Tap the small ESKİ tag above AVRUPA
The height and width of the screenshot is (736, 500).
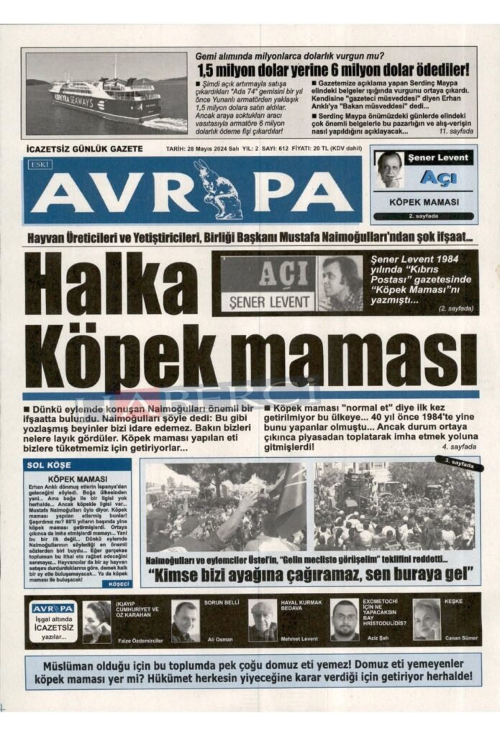click(37, 165)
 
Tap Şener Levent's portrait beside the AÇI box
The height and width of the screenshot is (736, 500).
click(340, 283)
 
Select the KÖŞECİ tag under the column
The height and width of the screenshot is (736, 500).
click(118, 584)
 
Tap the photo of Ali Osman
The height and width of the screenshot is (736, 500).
click(186, 620)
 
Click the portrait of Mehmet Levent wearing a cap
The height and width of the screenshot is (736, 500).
click(263, 620)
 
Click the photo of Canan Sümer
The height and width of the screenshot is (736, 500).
click(426, 619)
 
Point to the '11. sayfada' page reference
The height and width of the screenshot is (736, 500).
click(456, 132)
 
